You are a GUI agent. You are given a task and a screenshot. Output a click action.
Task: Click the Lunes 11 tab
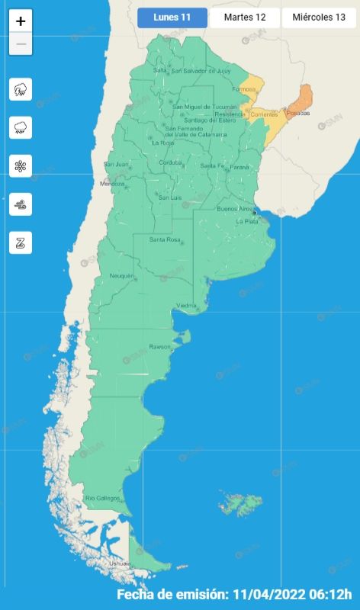tap(172, 18)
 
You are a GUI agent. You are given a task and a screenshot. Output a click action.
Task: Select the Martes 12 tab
tap(244, 18)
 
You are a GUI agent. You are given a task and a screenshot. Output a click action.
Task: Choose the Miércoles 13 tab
tap(319, 18)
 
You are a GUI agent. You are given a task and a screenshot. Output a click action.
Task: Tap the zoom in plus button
tap(21, 21)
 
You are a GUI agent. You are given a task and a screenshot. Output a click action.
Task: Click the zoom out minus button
tap(21, 43)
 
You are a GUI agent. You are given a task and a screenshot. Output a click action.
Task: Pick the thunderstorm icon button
tap(21, 90)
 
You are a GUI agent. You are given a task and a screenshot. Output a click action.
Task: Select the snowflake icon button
tap(21, 165)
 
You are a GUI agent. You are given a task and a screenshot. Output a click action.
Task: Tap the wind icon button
tap(21, 204)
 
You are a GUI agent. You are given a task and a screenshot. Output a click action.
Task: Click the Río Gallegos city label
tap(102, 498)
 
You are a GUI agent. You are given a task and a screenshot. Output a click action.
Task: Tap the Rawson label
tap(159, 347)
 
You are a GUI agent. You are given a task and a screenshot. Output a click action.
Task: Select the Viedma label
tap(187, 306)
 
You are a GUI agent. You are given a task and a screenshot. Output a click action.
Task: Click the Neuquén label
tap(121, 275)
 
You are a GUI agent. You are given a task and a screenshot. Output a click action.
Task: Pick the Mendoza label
tap(112, 184)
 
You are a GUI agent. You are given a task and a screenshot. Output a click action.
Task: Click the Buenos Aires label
tap(235, 208)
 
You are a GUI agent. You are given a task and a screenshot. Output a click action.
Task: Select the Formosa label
tap(243, 89)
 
